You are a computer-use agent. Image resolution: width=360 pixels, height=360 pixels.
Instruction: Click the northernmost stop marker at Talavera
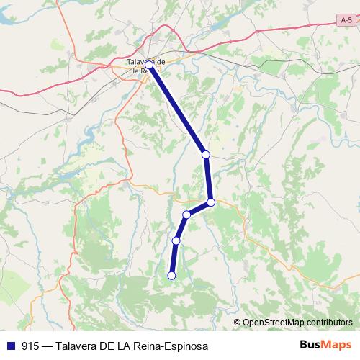click(149, 65)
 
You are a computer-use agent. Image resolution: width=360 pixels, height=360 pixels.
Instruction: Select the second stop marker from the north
click(205, 154)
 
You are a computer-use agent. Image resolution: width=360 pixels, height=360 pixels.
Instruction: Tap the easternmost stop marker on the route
click(211, 202)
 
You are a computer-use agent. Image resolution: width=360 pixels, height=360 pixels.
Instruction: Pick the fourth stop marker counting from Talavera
click(186, 215)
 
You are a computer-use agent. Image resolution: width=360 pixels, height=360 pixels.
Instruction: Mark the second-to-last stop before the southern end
click(176, 240)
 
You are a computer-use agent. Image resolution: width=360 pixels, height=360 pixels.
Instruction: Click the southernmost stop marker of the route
click(171, 275)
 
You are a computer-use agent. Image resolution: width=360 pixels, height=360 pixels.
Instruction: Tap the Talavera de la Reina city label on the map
click(146, 66)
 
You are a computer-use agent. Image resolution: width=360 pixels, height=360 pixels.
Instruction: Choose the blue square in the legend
click(12, 345)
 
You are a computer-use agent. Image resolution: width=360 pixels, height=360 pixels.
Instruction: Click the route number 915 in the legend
click(30, 345)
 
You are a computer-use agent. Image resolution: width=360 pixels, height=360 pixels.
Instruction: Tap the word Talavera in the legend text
click(78, 345)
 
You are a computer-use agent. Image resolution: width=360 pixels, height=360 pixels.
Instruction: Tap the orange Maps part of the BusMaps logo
click(337, 345)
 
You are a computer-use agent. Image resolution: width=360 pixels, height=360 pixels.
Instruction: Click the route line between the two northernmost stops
click(177, 109)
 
